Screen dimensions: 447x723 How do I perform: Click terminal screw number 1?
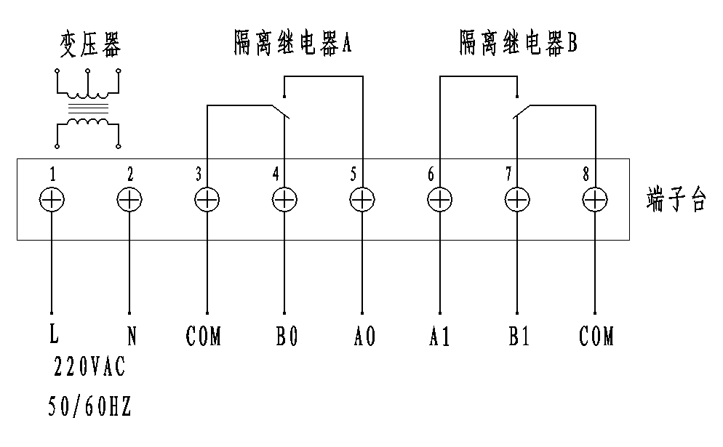click(x=52, y=199)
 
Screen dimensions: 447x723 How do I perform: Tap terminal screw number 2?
click(x=129, y=199)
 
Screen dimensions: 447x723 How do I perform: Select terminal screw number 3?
click(x=207, y=199)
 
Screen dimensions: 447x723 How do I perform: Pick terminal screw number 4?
click(x=284, y=199)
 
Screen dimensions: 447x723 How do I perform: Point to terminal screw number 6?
click(x=439, y=199)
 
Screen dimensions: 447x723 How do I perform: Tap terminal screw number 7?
click(x=516, y=199)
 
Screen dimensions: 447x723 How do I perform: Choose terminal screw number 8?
click(x=594, y=199)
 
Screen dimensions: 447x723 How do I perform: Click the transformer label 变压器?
click(x=89, y=45)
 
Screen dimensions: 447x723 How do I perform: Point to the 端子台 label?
click(x=676, y=200)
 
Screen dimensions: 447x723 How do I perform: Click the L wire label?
click(x=52, y=336)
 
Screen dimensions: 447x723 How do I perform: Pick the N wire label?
click(x=132, y=337)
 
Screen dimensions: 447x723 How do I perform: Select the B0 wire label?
click(x=286, y=337)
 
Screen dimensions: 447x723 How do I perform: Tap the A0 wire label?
click(x=364, y=337)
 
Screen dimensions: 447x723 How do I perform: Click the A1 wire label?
click(x=440, y=337)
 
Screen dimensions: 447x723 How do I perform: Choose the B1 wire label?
click(x=519, y=337)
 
